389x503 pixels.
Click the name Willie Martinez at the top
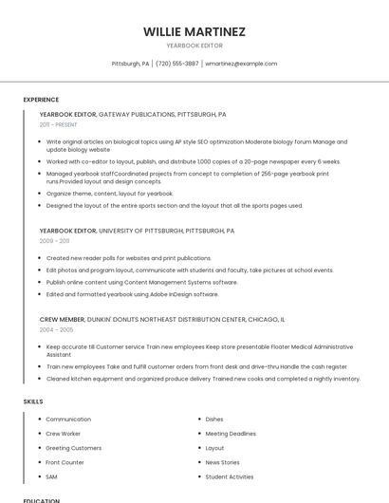(x=194, y=31)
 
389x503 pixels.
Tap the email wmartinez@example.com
(x=241, y=64)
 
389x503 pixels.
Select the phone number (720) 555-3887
(x=177, y=64)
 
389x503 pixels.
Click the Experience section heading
(x=41, y=100)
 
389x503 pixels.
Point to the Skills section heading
(x=33, y=401)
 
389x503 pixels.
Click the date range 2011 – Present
(x=59, y=124)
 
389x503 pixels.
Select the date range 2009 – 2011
(x=54, y=241)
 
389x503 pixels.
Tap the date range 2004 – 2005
(x=56, y=329)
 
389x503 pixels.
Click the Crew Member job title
(x=62, y=320)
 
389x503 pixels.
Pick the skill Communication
(x=68, y=419)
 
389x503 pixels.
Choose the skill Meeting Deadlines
(x=230, y=434)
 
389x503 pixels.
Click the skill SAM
(x=51, y=476)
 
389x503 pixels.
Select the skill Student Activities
(x=229, y=476)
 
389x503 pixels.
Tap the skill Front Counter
(x=65, y=462)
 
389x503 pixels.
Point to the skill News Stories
(x=223, y=462)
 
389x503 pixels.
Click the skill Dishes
(x=214, y=419)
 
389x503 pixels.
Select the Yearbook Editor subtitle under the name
(x=194, y=45)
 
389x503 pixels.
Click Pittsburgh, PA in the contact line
(x=130, y=64)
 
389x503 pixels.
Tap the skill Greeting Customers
(x=73, y=448)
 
